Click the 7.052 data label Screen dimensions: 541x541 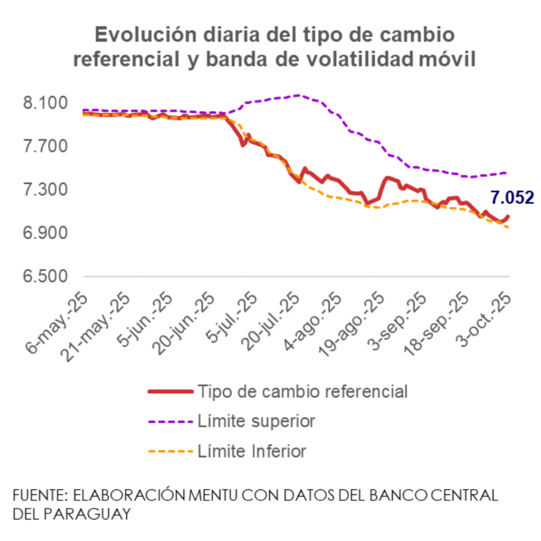512,198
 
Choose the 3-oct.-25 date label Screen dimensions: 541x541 486,319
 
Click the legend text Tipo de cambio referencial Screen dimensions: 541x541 303,391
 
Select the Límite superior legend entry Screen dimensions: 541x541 257,421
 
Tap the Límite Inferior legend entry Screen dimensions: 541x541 252,451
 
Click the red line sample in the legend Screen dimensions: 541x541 170,391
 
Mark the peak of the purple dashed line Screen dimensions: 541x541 300,95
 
